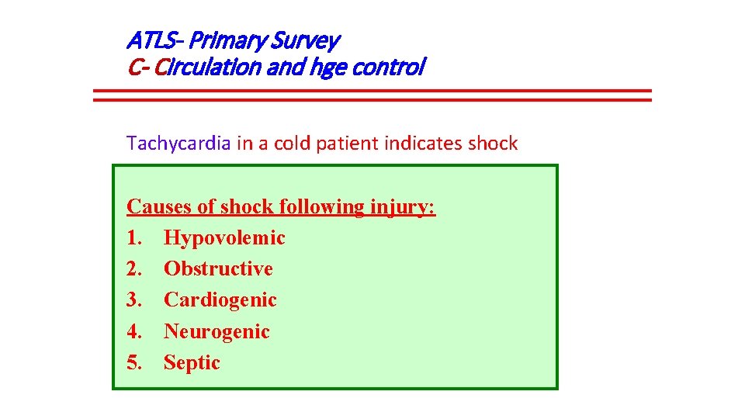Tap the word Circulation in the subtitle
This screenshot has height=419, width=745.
[206, 68]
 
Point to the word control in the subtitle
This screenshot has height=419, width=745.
[388, 68]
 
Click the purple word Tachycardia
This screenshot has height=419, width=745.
[178, 143]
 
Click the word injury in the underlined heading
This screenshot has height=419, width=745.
[403, 207]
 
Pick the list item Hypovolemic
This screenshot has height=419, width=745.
[224, 238]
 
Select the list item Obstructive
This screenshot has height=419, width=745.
[218, 269]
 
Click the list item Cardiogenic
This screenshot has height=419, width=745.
[220, 300]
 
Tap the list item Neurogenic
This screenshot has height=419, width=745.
[217, 331]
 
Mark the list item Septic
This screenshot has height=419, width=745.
[192, 362]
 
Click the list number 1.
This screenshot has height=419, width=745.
[133, 238]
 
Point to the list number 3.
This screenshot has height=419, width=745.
[133, 300]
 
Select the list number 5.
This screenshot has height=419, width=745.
[133, 362]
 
